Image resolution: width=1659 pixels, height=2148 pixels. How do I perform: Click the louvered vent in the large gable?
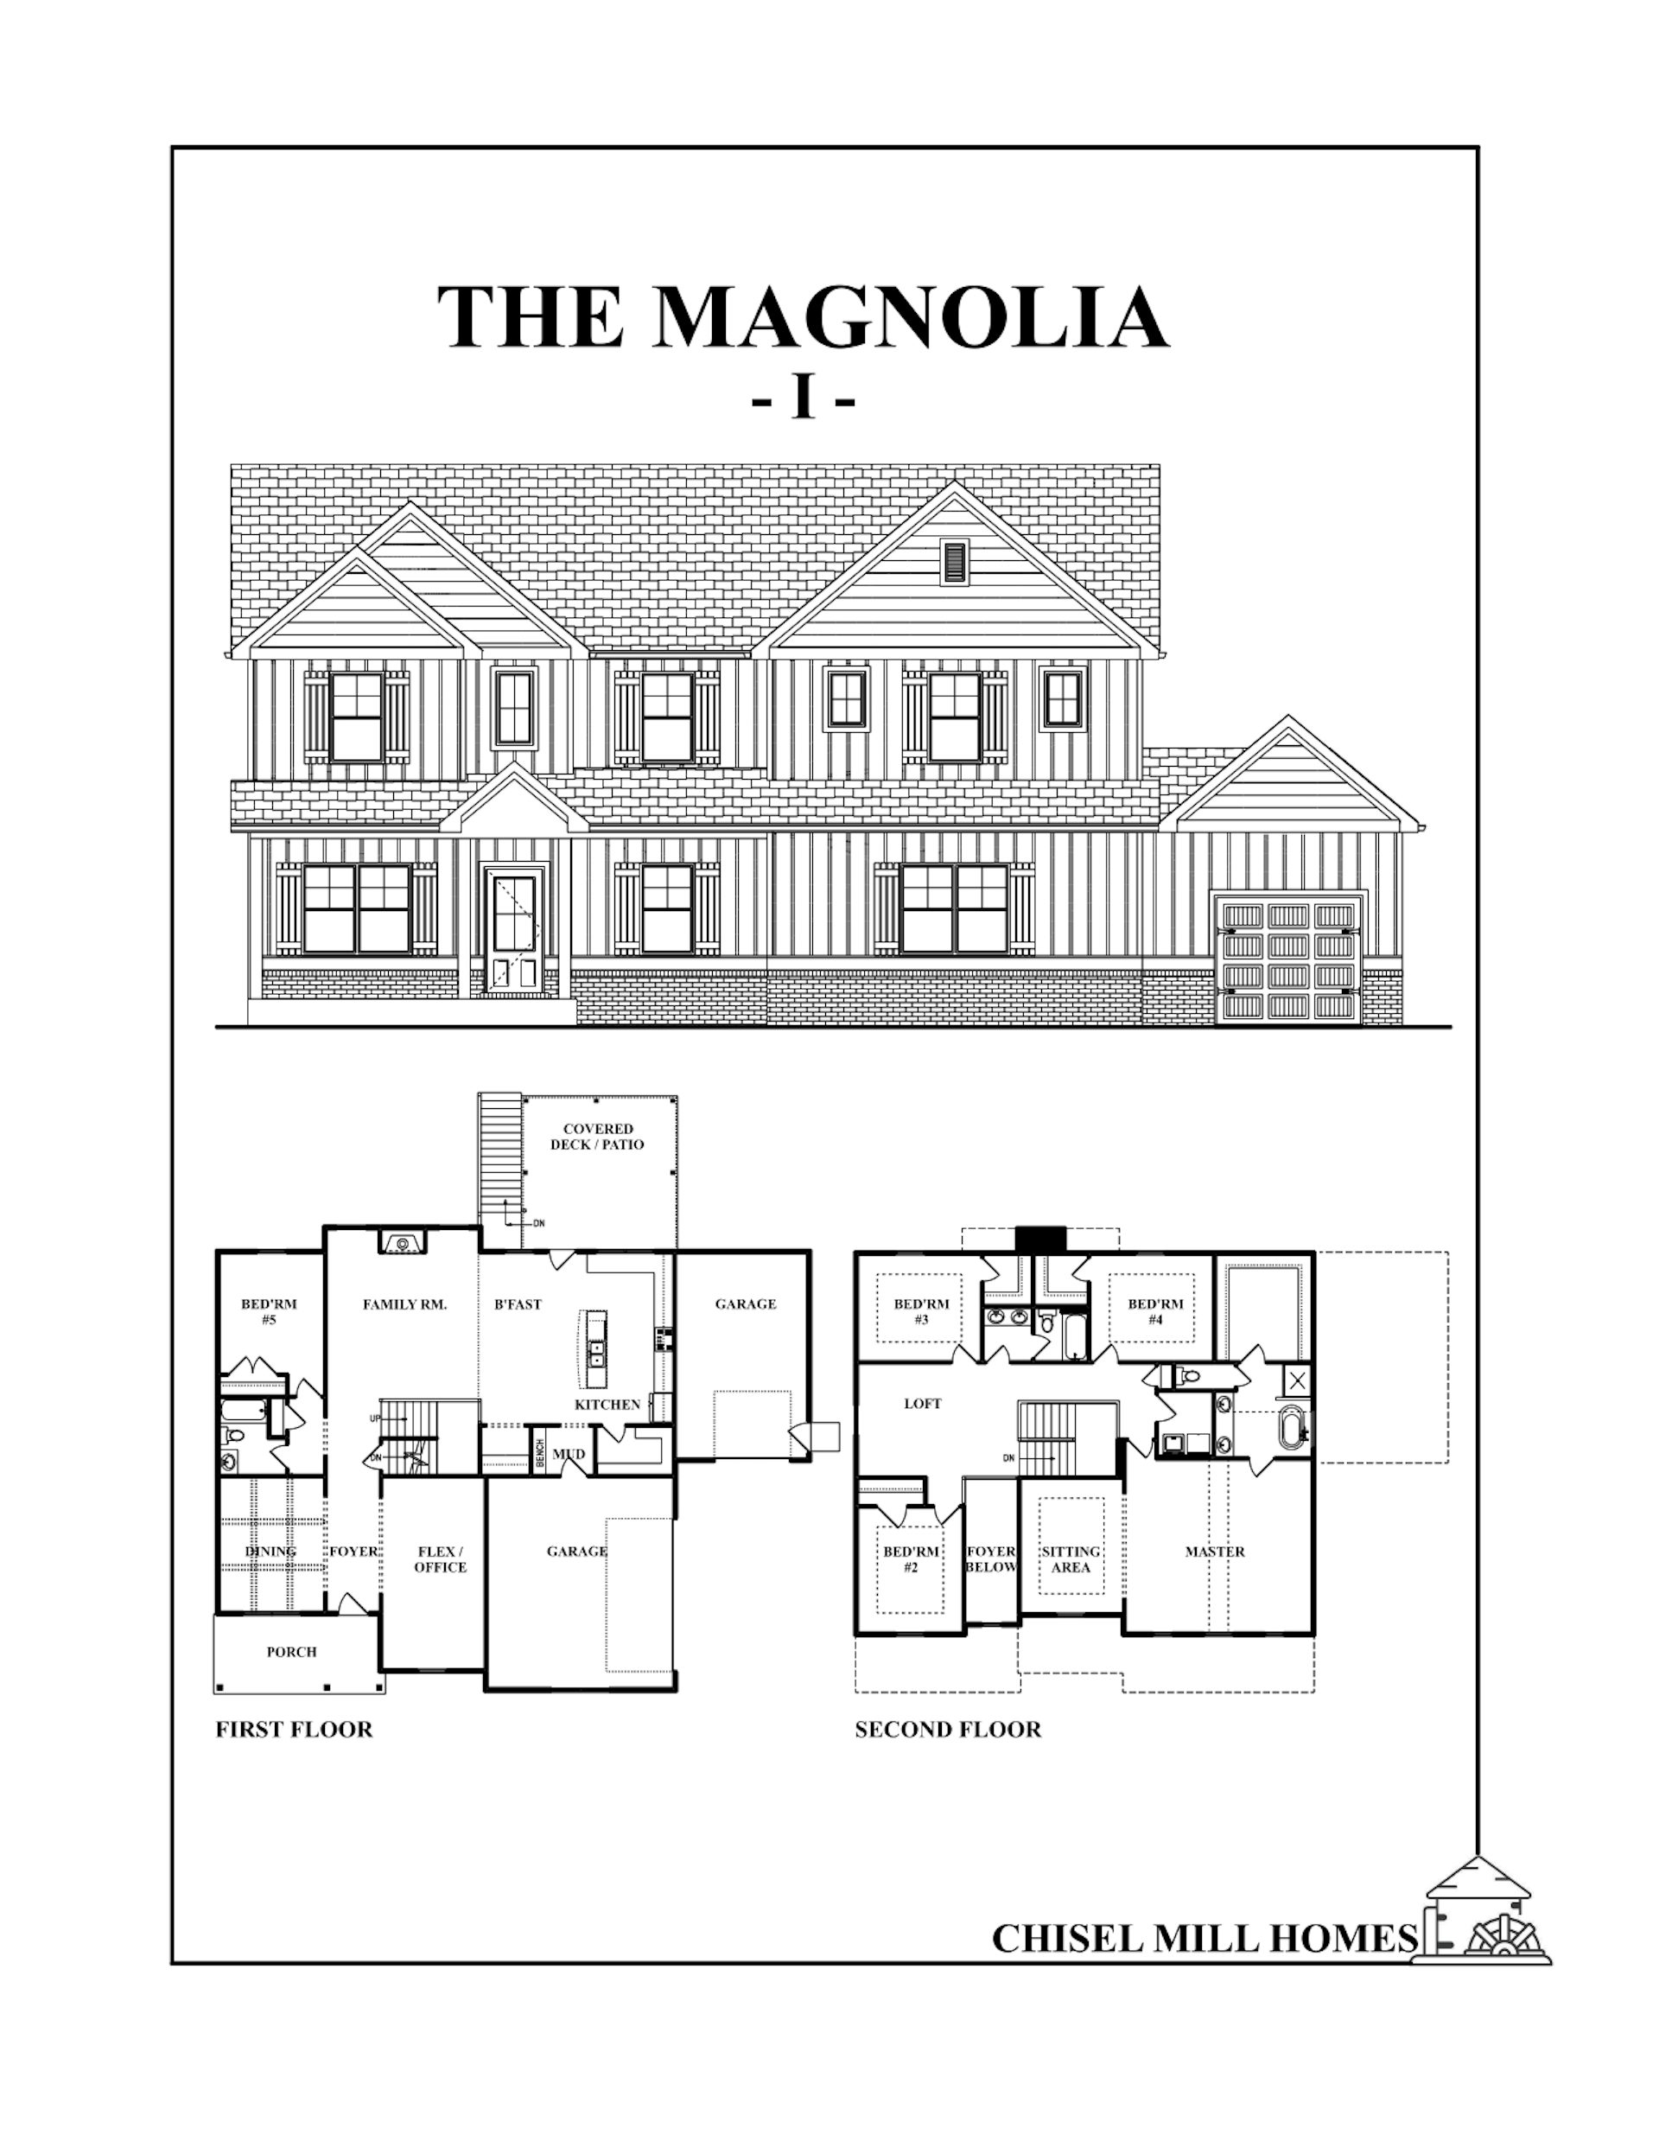tap(953, 563)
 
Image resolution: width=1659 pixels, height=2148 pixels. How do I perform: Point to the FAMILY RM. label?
tap(404, 1305)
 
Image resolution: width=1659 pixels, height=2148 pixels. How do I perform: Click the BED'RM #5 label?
tap(269, 1312)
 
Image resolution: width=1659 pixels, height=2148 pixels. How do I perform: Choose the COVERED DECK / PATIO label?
tap(597, 1136)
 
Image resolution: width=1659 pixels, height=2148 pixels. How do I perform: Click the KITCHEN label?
tap(607, 1405)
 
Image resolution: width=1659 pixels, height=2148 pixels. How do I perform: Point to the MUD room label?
tap(569, 1454)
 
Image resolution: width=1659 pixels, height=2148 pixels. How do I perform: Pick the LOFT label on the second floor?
tap(923, 1404)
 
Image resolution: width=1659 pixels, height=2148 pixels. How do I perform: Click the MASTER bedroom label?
tap(1215, 1551)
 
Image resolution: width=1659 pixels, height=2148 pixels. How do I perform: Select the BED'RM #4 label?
tap(1155, 1312)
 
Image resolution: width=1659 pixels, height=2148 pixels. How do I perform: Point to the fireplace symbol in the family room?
tap(402, 1242)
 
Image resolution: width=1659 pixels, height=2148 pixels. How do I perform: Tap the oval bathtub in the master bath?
tap(1291, 1427)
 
